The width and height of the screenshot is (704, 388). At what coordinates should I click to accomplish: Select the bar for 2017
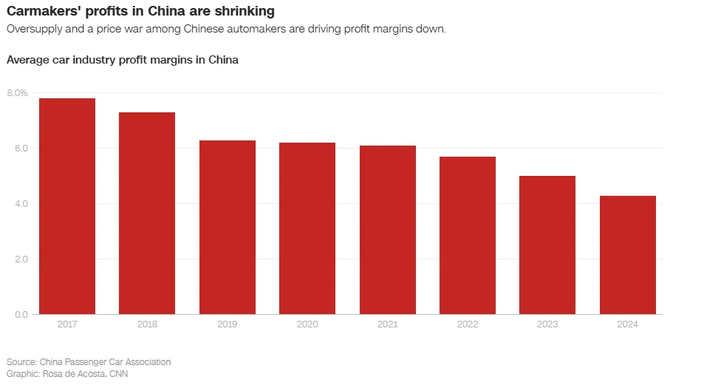tap(67, 206)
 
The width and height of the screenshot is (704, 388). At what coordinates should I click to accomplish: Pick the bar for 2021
tap(388, 230)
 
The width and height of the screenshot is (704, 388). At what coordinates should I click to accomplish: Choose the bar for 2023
tap(547, 245)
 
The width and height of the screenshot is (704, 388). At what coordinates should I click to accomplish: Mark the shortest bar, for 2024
tap(628, 255)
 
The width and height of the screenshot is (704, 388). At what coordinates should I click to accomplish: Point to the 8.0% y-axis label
tap(17, 93)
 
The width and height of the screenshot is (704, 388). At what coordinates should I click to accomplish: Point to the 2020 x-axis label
tap(307, 324)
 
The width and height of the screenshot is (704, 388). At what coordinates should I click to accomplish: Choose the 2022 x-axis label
tap(468, 324)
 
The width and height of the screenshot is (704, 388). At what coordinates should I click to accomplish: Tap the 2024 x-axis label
tap(628, 324)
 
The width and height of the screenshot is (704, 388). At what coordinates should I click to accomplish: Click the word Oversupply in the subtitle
tap(32, 29)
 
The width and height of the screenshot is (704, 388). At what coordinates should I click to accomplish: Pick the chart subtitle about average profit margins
tap(123, 60)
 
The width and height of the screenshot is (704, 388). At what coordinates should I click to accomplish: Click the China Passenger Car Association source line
tap(89, 362)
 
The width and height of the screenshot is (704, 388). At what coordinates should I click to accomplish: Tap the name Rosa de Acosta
tap(73, 373)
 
